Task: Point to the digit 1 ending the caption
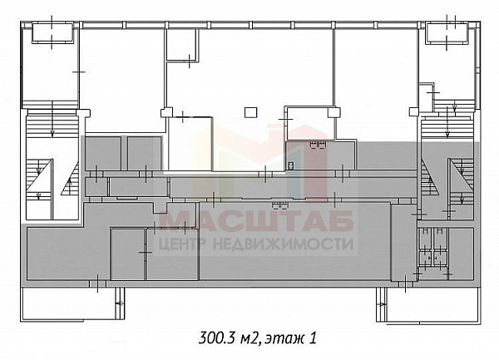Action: (x=313, y=338)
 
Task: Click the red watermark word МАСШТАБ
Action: (x=256, y=220)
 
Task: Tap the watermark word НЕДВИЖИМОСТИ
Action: (x=283, y=244)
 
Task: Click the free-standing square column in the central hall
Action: (x=250, y=112)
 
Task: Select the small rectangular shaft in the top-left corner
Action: (x=52, y=32)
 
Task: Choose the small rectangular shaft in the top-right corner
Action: (x=447, y=32)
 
